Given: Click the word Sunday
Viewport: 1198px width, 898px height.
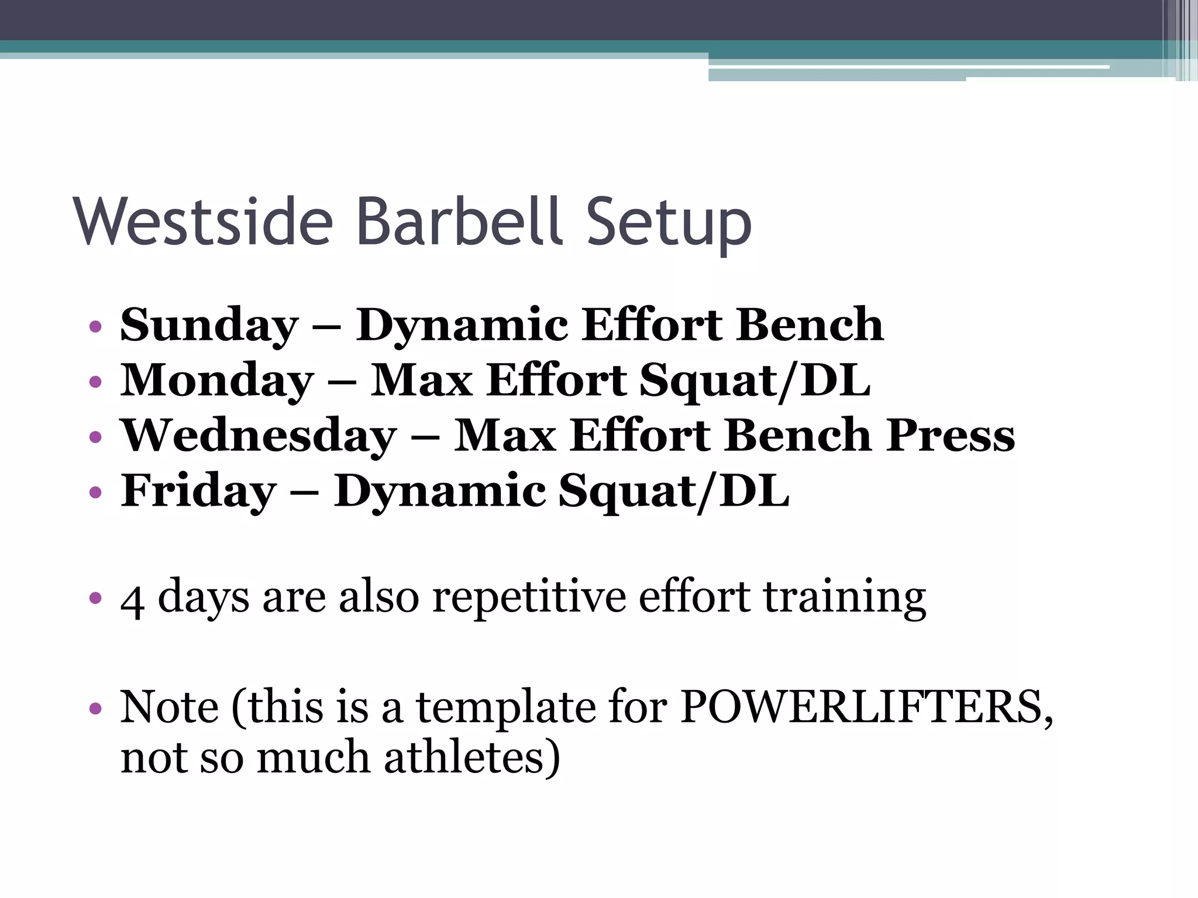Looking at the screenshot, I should point(209,326).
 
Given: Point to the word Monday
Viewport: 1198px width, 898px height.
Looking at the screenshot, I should point(217,381).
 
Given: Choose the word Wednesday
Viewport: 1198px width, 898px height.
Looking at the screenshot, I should point(258,436).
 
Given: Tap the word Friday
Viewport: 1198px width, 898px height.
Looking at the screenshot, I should point(198,491).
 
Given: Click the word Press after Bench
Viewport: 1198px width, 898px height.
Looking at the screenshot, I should point(949,436).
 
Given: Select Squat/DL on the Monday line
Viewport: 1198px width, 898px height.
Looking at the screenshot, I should point(755,381).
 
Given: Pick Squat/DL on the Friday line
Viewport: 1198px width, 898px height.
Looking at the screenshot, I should point(673,491).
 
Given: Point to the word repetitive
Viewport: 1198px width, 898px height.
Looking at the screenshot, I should point(529,597).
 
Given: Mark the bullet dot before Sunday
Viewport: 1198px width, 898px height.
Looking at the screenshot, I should point(95,327).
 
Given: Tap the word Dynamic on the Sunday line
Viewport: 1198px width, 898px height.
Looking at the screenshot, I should point(462,326).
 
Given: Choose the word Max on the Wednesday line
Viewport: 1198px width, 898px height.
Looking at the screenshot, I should point(505,436).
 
